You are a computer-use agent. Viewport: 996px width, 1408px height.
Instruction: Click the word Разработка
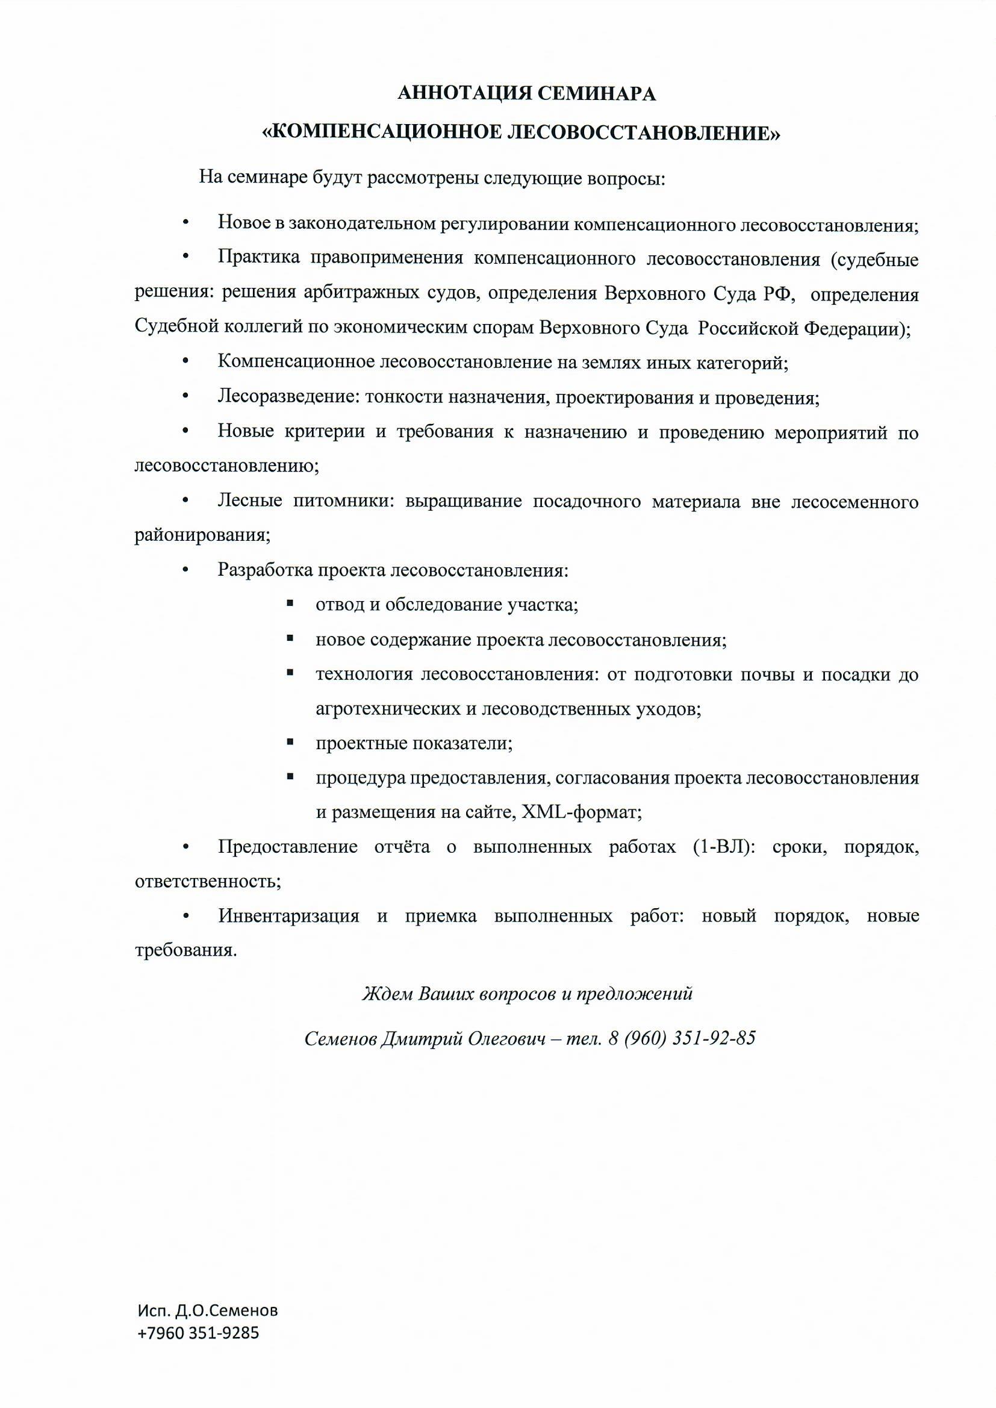(264, 570)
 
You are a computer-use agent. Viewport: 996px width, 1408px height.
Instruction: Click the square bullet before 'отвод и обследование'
(290, 604)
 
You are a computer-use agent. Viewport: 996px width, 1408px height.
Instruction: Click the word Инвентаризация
(288, 917)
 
